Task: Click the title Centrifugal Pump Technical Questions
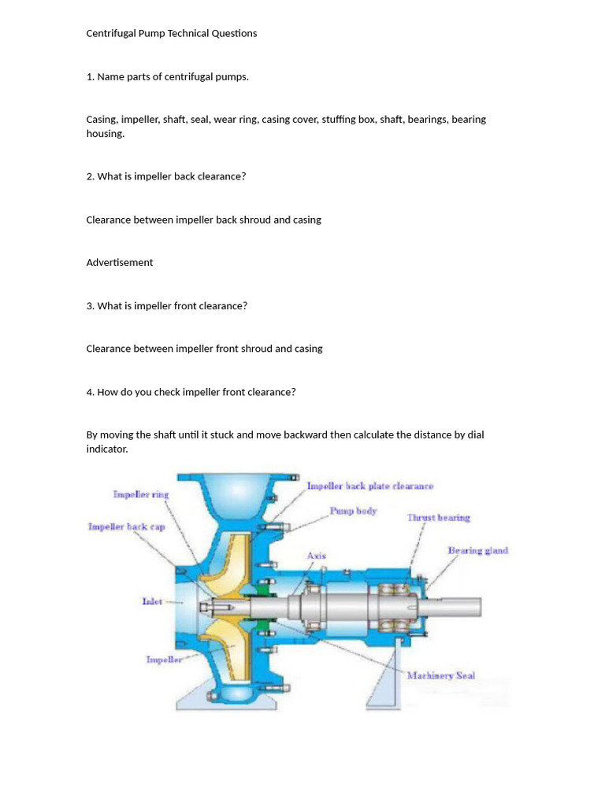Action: (171, 33)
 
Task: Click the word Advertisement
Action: (119, 262)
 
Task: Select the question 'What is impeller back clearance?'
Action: (165, 176)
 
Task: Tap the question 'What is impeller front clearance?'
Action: (166, 305)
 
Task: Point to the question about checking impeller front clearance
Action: (191, 391)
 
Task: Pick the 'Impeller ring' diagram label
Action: (141, 494)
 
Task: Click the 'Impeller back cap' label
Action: (126, 527)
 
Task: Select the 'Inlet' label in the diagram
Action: (152, 601)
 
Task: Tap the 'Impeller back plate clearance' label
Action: (369, 486)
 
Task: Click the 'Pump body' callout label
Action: (353, 511)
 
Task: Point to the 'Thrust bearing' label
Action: (438, 517)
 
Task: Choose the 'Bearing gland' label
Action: (477, 550)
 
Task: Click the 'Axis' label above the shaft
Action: (316, 556)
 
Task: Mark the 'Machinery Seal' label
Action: (440, 675)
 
